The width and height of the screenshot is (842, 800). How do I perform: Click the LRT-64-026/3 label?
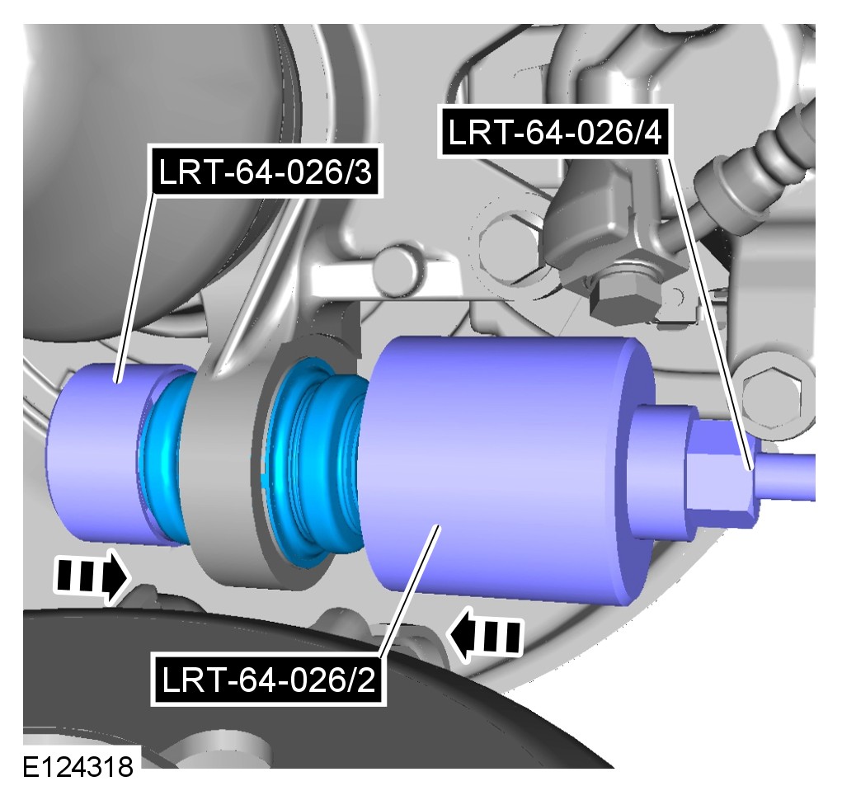267,173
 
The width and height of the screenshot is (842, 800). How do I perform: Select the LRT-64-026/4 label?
557,132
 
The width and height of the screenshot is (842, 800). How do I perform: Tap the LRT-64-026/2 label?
268,680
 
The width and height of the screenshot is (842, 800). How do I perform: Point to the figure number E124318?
78,767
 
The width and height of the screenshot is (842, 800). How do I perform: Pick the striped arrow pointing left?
484,636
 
